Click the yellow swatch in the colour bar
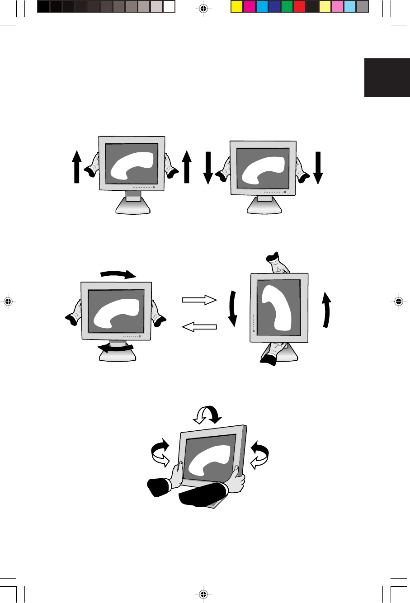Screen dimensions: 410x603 [x=236, y=7]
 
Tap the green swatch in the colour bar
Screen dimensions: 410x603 [x=287, y=7]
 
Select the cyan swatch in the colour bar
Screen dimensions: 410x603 [x=262, y=7]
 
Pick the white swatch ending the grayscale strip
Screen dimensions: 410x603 [x=169, y=7]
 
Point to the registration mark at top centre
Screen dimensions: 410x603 [x=203, y=9]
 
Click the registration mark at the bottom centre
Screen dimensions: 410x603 [x=203, y=594]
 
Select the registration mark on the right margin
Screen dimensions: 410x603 [x=398, y=301]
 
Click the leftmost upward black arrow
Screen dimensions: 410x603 [x=77, y=167]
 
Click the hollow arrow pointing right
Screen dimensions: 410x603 [x=199, y=300]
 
